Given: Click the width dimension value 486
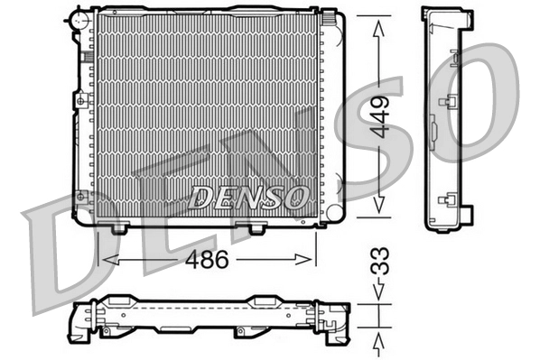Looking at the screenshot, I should click(207, 259).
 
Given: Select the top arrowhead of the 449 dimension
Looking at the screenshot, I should click(378, 24).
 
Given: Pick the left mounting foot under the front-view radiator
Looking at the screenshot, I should click(117, 228).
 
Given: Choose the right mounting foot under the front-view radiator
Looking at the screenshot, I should click(256, 228).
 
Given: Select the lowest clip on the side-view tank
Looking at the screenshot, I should click(444, 200).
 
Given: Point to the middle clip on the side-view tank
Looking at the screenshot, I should click(444, 102).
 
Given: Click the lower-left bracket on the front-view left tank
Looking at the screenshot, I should click(82, 196).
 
